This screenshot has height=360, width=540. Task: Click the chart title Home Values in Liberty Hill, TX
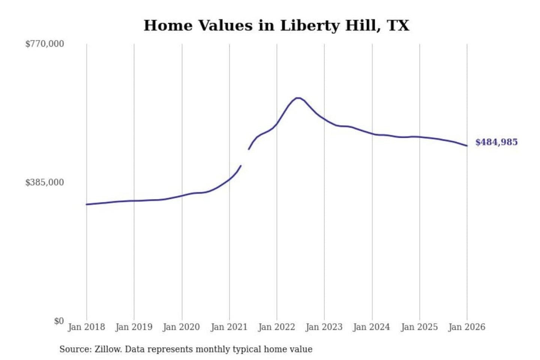(276, 25)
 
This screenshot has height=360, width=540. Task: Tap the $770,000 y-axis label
(45, 44)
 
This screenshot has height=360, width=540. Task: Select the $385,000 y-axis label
(45, 183)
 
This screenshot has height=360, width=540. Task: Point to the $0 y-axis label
(59, 321)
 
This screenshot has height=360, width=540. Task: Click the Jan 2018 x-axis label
(86, 327)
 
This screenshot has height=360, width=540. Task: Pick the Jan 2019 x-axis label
(134, 327)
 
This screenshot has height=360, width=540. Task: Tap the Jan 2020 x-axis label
(181, 327)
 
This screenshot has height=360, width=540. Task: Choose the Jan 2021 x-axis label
(229, 327)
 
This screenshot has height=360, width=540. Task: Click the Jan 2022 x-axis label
(277, 327)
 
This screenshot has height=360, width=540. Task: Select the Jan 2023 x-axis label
(324, 327)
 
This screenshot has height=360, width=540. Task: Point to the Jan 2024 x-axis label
(372, 327)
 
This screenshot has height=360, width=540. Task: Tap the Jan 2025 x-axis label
(419, 327)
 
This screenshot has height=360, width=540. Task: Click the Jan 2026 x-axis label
(467, 327)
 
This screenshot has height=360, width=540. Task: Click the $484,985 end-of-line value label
(496, 142)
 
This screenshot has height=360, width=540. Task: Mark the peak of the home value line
(298, 98)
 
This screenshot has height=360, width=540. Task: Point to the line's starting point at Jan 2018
(87, 204)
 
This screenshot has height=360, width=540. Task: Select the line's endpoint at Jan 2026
(467, 146)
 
